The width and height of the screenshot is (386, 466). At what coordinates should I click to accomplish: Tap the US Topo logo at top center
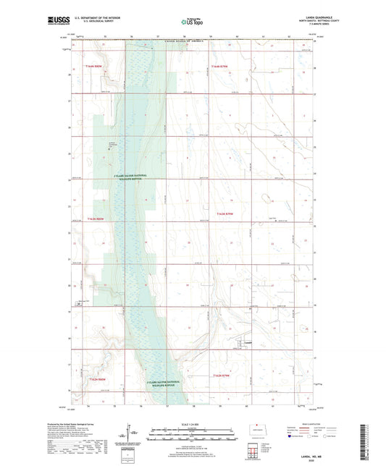(x=193, y=22)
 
